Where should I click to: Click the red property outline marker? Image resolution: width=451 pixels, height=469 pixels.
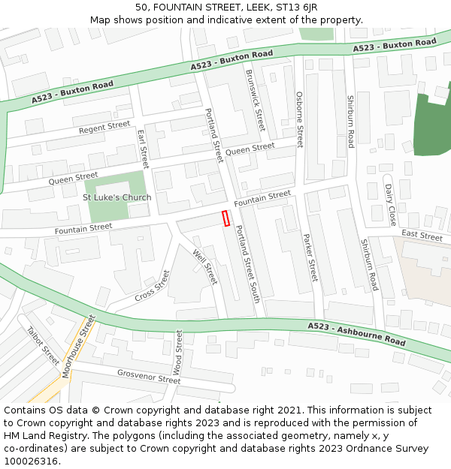pos(225,218)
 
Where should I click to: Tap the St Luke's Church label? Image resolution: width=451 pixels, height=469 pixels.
pos(117,197)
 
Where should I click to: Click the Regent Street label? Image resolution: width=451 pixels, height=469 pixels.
pos(104,128)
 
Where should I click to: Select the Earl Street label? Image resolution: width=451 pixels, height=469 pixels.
pos(143,148)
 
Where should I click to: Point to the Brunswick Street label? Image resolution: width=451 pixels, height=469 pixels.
pos(256,100)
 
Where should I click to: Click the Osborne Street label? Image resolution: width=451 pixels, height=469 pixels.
pos(299,119)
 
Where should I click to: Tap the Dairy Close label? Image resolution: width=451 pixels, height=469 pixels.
pos(390,205)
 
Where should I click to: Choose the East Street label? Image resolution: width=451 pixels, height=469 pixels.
pos(422,236)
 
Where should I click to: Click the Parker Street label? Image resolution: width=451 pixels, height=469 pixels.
pos(310,257)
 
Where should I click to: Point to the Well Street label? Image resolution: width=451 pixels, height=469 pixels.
pos(205,266)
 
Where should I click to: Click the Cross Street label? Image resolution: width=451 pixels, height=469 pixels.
pos(153,285)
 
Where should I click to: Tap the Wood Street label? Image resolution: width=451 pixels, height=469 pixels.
pos(178,352)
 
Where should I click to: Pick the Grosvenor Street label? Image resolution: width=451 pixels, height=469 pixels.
pos(149,376)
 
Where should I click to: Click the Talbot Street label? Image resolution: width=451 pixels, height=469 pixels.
pos(43,345)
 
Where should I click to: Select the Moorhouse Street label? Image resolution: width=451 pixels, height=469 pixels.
pos(79,346)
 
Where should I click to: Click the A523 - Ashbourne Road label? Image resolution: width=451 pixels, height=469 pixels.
pos(356,333)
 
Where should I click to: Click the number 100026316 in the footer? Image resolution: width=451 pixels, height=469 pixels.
pos(31,461)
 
